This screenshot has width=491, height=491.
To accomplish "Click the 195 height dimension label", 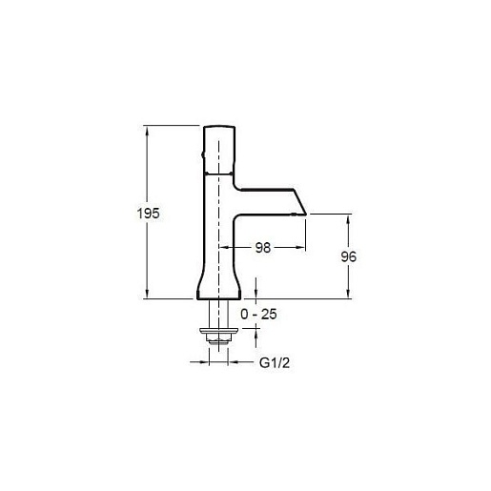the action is coord(148,213).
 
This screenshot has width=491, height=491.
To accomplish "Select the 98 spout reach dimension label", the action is coord(263,248).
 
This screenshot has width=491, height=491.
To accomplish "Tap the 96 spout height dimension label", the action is coord(348,256).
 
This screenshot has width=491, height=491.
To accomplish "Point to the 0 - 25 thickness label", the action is coord(258,315).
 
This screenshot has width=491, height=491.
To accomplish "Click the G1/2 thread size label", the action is coord(275,362).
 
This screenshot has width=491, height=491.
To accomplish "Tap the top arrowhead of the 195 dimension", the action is coord(147,131).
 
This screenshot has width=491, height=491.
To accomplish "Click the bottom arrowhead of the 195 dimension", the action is coord(147,294).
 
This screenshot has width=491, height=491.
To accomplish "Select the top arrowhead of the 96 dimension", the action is coord(348,219).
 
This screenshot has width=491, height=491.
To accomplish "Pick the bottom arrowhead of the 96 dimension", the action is coord(348,294).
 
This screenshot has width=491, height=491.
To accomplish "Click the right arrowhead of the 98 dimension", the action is coord(300,247).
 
